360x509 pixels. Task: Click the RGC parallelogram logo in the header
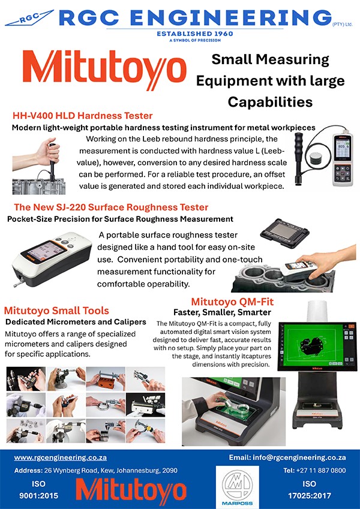(29, 17)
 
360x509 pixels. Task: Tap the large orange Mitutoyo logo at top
(104, 70)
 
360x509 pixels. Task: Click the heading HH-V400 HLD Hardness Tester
(83, 116)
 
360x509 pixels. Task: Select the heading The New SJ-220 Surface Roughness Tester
(111, 207)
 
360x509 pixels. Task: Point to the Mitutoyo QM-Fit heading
(232, 302)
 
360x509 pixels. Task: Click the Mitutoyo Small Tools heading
(56, 311)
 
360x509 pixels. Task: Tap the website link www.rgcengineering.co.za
(61, 457)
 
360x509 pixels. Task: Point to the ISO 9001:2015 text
(38, 490)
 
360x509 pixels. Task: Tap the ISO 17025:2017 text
(310, 490)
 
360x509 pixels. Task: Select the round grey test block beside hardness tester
(316, 159)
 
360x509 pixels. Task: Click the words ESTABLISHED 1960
(195, 34)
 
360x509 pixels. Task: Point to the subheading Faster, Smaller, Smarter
(222, 312)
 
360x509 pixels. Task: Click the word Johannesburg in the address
(139, 471)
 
